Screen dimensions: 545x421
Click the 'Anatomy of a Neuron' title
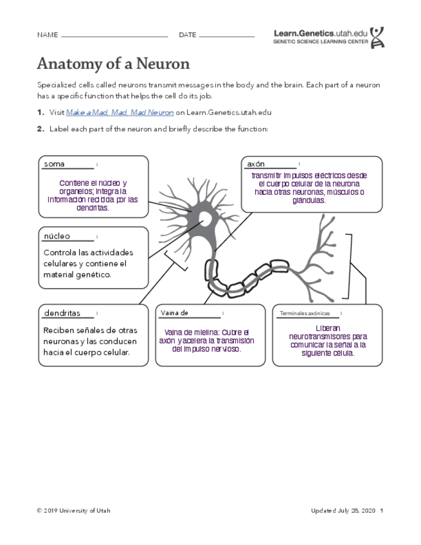(113, 64)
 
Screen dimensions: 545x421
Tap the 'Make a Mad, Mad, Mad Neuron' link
(120, 112)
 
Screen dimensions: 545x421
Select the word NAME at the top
(47, 35)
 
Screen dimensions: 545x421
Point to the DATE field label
(187, 35)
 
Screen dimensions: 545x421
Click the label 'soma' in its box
(54, 165)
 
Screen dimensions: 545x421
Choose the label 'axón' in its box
(256, 164)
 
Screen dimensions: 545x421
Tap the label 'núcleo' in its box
(57, 237)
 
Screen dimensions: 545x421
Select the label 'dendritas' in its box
(62, 314)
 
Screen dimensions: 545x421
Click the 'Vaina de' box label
(174, 313)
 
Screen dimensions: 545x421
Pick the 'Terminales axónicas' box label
(305, 314)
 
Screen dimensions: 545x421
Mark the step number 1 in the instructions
(40, 112)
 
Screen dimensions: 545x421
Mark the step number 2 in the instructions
(40, 129)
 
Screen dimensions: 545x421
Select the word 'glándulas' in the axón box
(309, 200)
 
